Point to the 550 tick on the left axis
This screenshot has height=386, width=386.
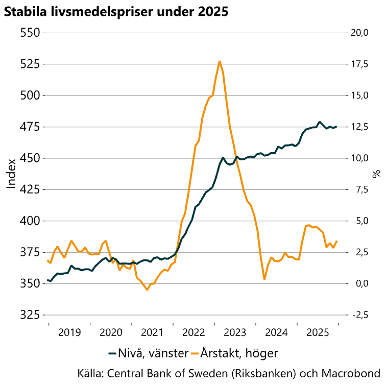click(29, 33)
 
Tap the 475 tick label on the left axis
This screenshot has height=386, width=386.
click(29, 127)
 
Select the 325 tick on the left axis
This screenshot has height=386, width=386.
click(29, 315)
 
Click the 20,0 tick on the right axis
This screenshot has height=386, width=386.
click(358, 33)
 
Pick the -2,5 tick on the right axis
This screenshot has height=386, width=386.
click(358, 315)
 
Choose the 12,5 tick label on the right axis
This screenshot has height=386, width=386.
click(358, 127)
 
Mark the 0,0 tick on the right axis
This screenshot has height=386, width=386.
click(358, 283)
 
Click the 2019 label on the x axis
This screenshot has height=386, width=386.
click(69, 333)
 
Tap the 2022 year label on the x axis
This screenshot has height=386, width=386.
click(194, 333)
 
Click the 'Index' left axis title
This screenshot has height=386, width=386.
click(11, 174)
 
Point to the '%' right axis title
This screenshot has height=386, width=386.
click(377, 174)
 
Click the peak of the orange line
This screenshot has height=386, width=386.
click(219, 61)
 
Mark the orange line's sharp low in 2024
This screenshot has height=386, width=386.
click(264, 279)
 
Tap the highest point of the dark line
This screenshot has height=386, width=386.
click(320, 122)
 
